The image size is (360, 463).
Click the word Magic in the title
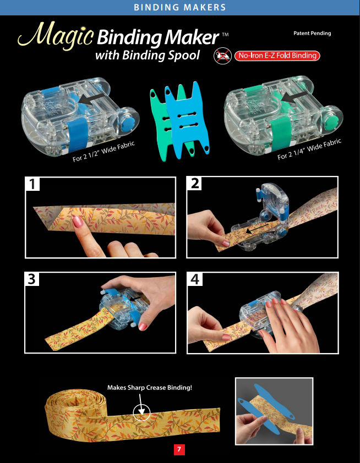coord(56,35)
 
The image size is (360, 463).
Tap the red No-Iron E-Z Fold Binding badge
coord(277,56)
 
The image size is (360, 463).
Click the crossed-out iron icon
coord(222,55)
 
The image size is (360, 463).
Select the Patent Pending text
coord(312,33)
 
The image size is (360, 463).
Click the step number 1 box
coord(32,184)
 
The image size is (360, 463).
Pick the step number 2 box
coord(194,183)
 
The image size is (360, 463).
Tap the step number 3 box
coord(32,279)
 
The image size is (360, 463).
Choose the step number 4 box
coord(195,279)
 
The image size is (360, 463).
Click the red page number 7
coord(179,449)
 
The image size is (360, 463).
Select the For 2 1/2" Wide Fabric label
coord(103,151)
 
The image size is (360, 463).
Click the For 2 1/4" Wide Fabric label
coord(309,149)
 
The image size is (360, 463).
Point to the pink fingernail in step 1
coord(78,222)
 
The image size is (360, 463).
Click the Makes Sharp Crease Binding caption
coord(150,388)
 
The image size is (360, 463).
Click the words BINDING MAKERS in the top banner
coord(180,7)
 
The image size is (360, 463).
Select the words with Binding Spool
coord(148,56)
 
